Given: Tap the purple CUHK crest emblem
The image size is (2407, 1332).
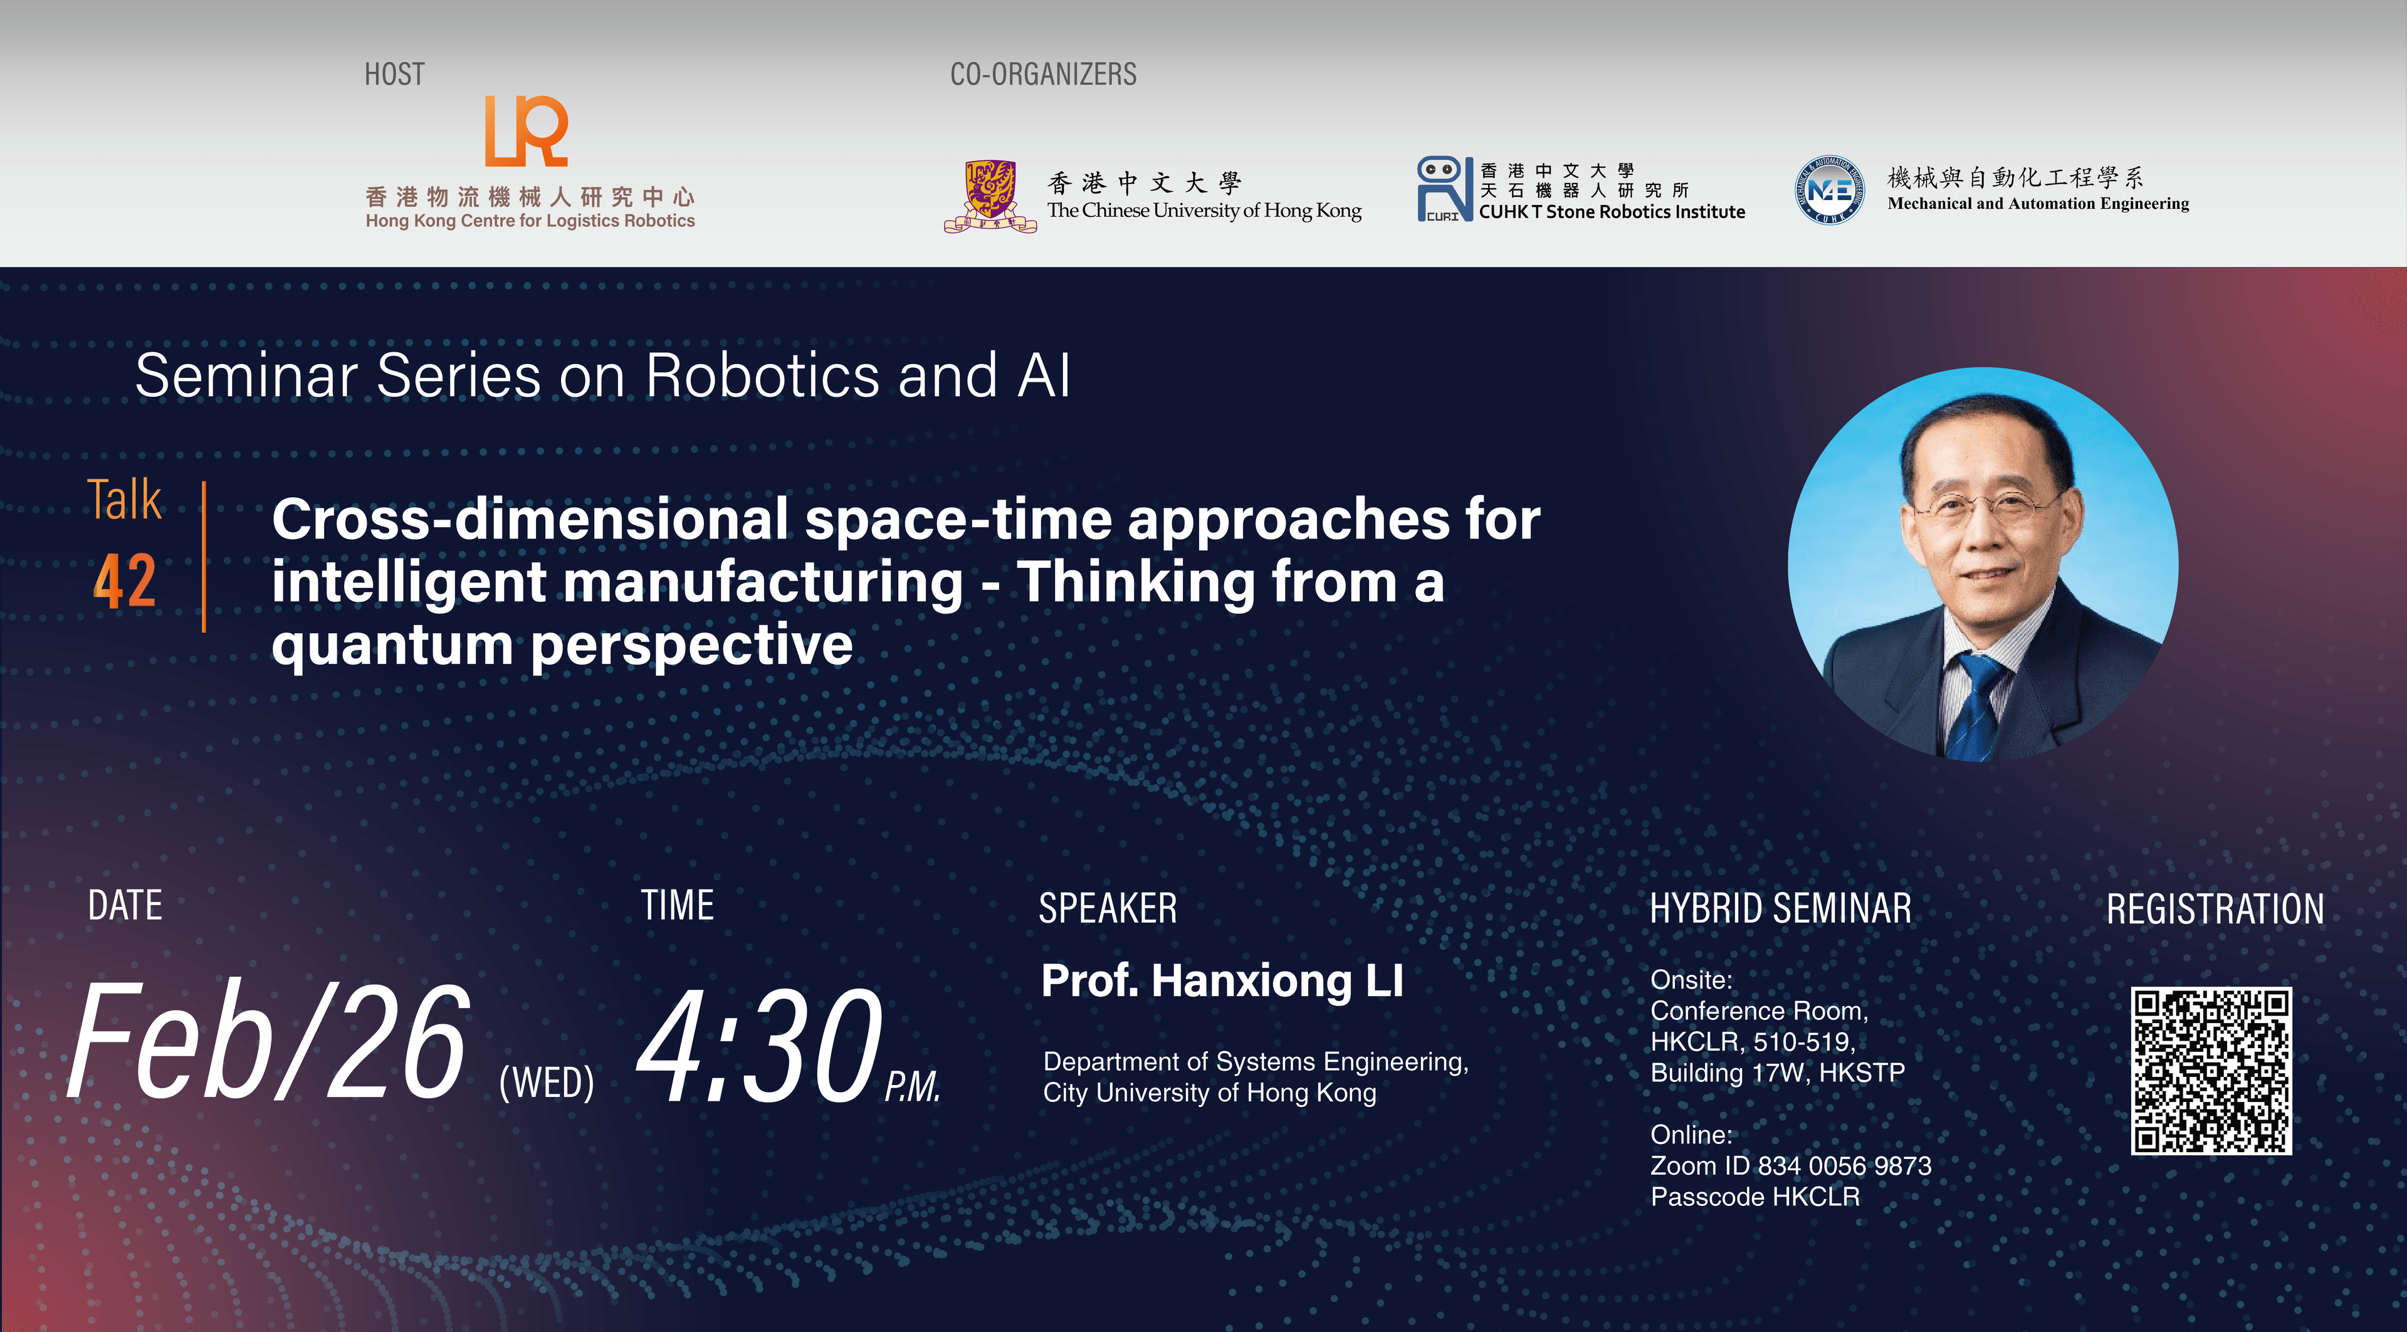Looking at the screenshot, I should pyautogui.click(x=990, y=195).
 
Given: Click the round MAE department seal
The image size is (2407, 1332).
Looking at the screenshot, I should pyautogui.click(x=1828, y=190).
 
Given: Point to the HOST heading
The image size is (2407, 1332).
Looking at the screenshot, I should pyautogui.click(x=394, y=75).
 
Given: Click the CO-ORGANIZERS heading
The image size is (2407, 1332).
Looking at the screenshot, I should pyautogui.click(x=1043, y=75).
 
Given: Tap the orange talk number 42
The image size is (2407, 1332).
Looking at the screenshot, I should pyautogui.click(x=124, y=582).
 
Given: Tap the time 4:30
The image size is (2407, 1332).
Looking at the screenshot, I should pyautogui.click(x=758, y=1046).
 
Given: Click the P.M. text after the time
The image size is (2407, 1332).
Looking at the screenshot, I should pyautogui.click(x=912, y=1086).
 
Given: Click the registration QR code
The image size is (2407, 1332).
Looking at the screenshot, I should pyautogui.click(x=2211, y=1071).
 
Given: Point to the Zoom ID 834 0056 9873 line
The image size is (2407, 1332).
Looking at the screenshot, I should pyautogui.click(x=1790, y=1166).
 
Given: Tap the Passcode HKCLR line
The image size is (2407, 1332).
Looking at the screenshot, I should pyautogui.click(x=1755, y=1197).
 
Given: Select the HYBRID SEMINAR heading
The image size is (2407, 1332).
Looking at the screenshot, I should pyautogui.click(x=1780, y=909).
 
